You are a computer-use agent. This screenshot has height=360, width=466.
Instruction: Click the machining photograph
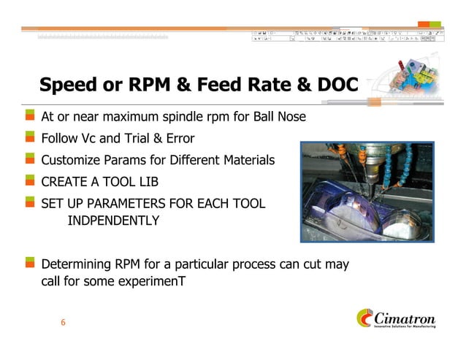367,192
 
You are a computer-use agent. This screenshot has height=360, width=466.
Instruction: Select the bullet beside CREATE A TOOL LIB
30,180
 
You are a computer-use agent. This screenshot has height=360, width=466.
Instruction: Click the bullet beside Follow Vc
30,137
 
